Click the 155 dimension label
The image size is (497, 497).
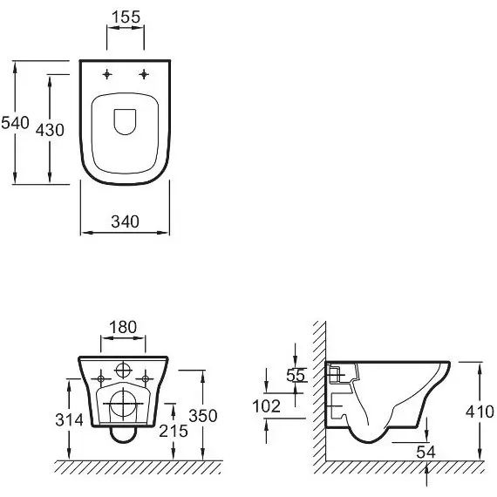coord(126,17)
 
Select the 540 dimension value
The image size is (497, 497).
coord(15,123)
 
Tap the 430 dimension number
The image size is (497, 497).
coord(50,130)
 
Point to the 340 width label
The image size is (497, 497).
coord(126,221)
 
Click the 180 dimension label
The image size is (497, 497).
coord(123,327)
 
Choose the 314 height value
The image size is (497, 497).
coord(70,420)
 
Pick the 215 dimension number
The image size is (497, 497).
coord(174,431)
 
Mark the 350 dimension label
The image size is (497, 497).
coord(203,416)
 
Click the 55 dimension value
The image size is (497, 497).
coord(296,376)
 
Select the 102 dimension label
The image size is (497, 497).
coord(266,406)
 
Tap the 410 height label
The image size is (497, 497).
coord(480,412)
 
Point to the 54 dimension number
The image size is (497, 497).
coord(426,452)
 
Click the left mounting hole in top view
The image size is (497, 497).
coord(107,74)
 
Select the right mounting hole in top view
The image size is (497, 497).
coord(144,74)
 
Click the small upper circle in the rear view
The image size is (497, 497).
coord(123,370)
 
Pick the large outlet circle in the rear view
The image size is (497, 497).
coord(123,404)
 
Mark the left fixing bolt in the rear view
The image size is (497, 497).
coord(101,378)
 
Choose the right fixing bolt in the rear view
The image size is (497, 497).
coord(145,378)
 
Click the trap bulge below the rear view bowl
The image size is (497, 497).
coord(123,443)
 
